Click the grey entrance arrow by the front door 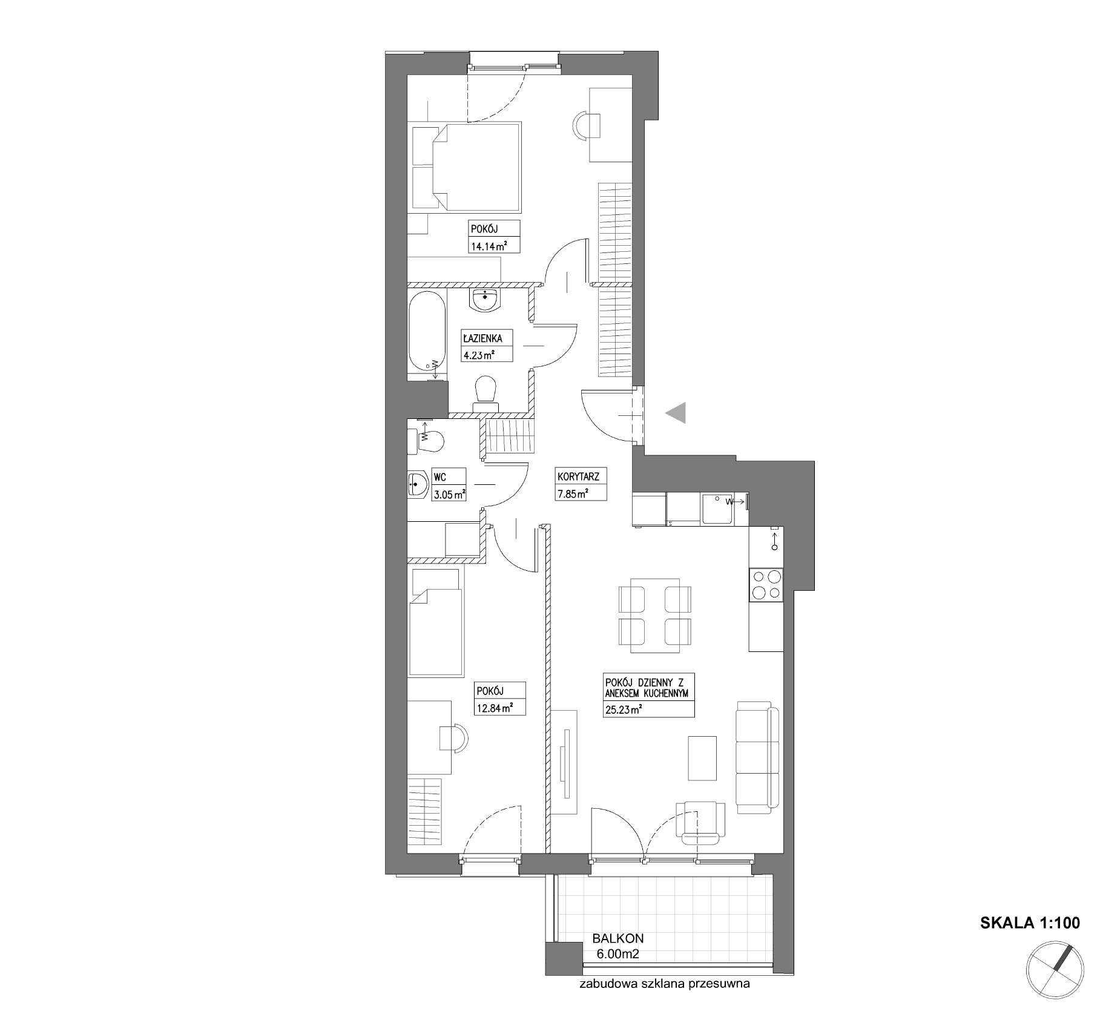click(677, 413)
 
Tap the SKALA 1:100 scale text click(1030, 923)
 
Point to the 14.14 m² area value click(488, 245)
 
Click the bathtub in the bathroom click(427, 332)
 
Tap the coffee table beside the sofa click(702, 758)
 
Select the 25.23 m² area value click(623, 711)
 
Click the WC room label click(440, 478)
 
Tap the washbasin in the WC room click(418, 484)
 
